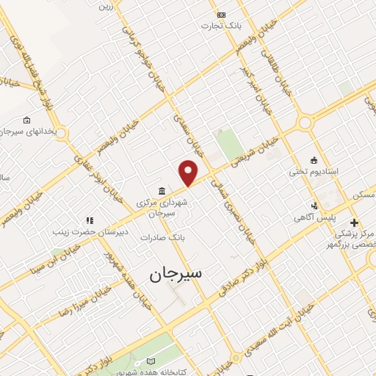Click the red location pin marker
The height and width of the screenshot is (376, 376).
(x=189, y=172)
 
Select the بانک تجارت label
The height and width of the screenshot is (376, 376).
(x=221, y=25)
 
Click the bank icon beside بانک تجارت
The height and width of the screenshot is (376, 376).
(x=221, y=14)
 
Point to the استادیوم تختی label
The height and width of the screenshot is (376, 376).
(x=313, y=171)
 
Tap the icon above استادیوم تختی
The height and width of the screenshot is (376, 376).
(x=314, y=160)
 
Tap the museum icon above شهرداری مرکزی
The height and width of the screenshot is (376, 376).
(x=162, y=191)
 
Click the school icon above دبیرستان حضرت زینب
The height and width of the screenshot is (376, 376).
(x=90, y=220)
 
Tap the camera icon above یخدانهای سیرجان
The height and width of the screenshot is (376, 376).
(x=27, y=120)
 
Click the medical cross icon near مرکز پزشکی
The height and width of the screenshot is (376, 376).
(x=354, y=222)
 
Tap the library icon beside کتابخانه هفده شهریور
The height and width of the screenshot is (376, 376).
(x=151, y=361)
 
